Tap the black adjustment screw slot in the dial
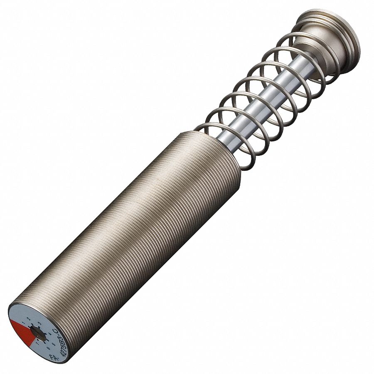click(x=38, y=334)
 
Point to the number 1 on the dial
click(x=24, y=323)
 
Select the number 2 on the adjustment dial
click(x=29, y=318)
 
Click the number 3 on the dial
click(x=39, y=323)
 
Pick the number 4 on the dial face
click(x=50, y=334)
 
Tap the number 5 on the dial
click(x=54, y=344)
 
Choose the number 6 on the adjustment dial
click(x=48, y=348)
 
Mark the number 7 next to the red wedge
click(x=37, y=343)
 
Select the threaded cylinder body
click(x=137, y=233)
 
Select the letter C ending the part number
click(x=56, y=331)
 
